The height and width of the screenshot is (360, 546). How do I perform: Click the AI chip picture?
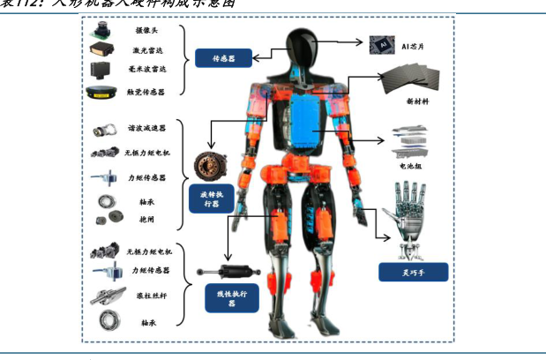point(382,42)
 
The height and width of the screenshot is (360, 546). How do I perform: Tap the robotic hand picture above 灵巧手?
point(408,213)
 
